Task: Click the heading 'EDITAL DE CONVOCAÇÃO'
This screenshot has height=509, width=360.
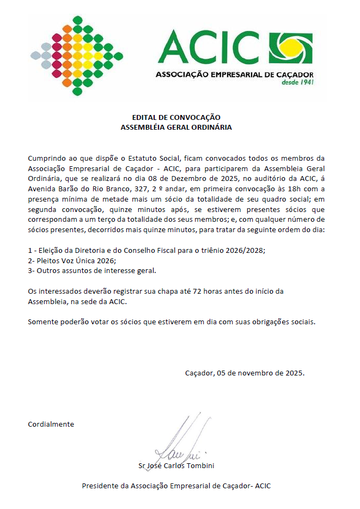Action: (x=176, y=117)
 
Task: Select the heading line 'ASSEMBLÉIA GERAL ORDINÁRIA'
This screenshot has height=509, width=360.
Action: (x=176, y=127)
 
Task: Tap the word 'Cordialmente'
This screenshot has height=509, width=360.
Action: (x=51, y=424)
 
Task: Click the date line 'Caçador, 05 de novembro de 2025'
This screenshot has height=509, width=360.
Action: (x=245, y=373)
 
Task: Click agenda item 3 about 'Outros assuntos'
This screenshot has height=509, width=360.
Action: (x=91, y=271)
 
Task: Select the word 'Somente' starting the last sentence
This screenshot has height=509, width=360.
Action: (x=43, y=321)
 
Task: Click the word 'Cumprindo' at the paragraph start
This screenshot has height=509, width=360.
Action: (x=47, y=158)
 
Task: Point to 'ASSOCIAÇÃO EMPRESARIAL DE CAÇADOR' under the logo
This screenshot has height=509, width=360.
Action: (x=234, y=74)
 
